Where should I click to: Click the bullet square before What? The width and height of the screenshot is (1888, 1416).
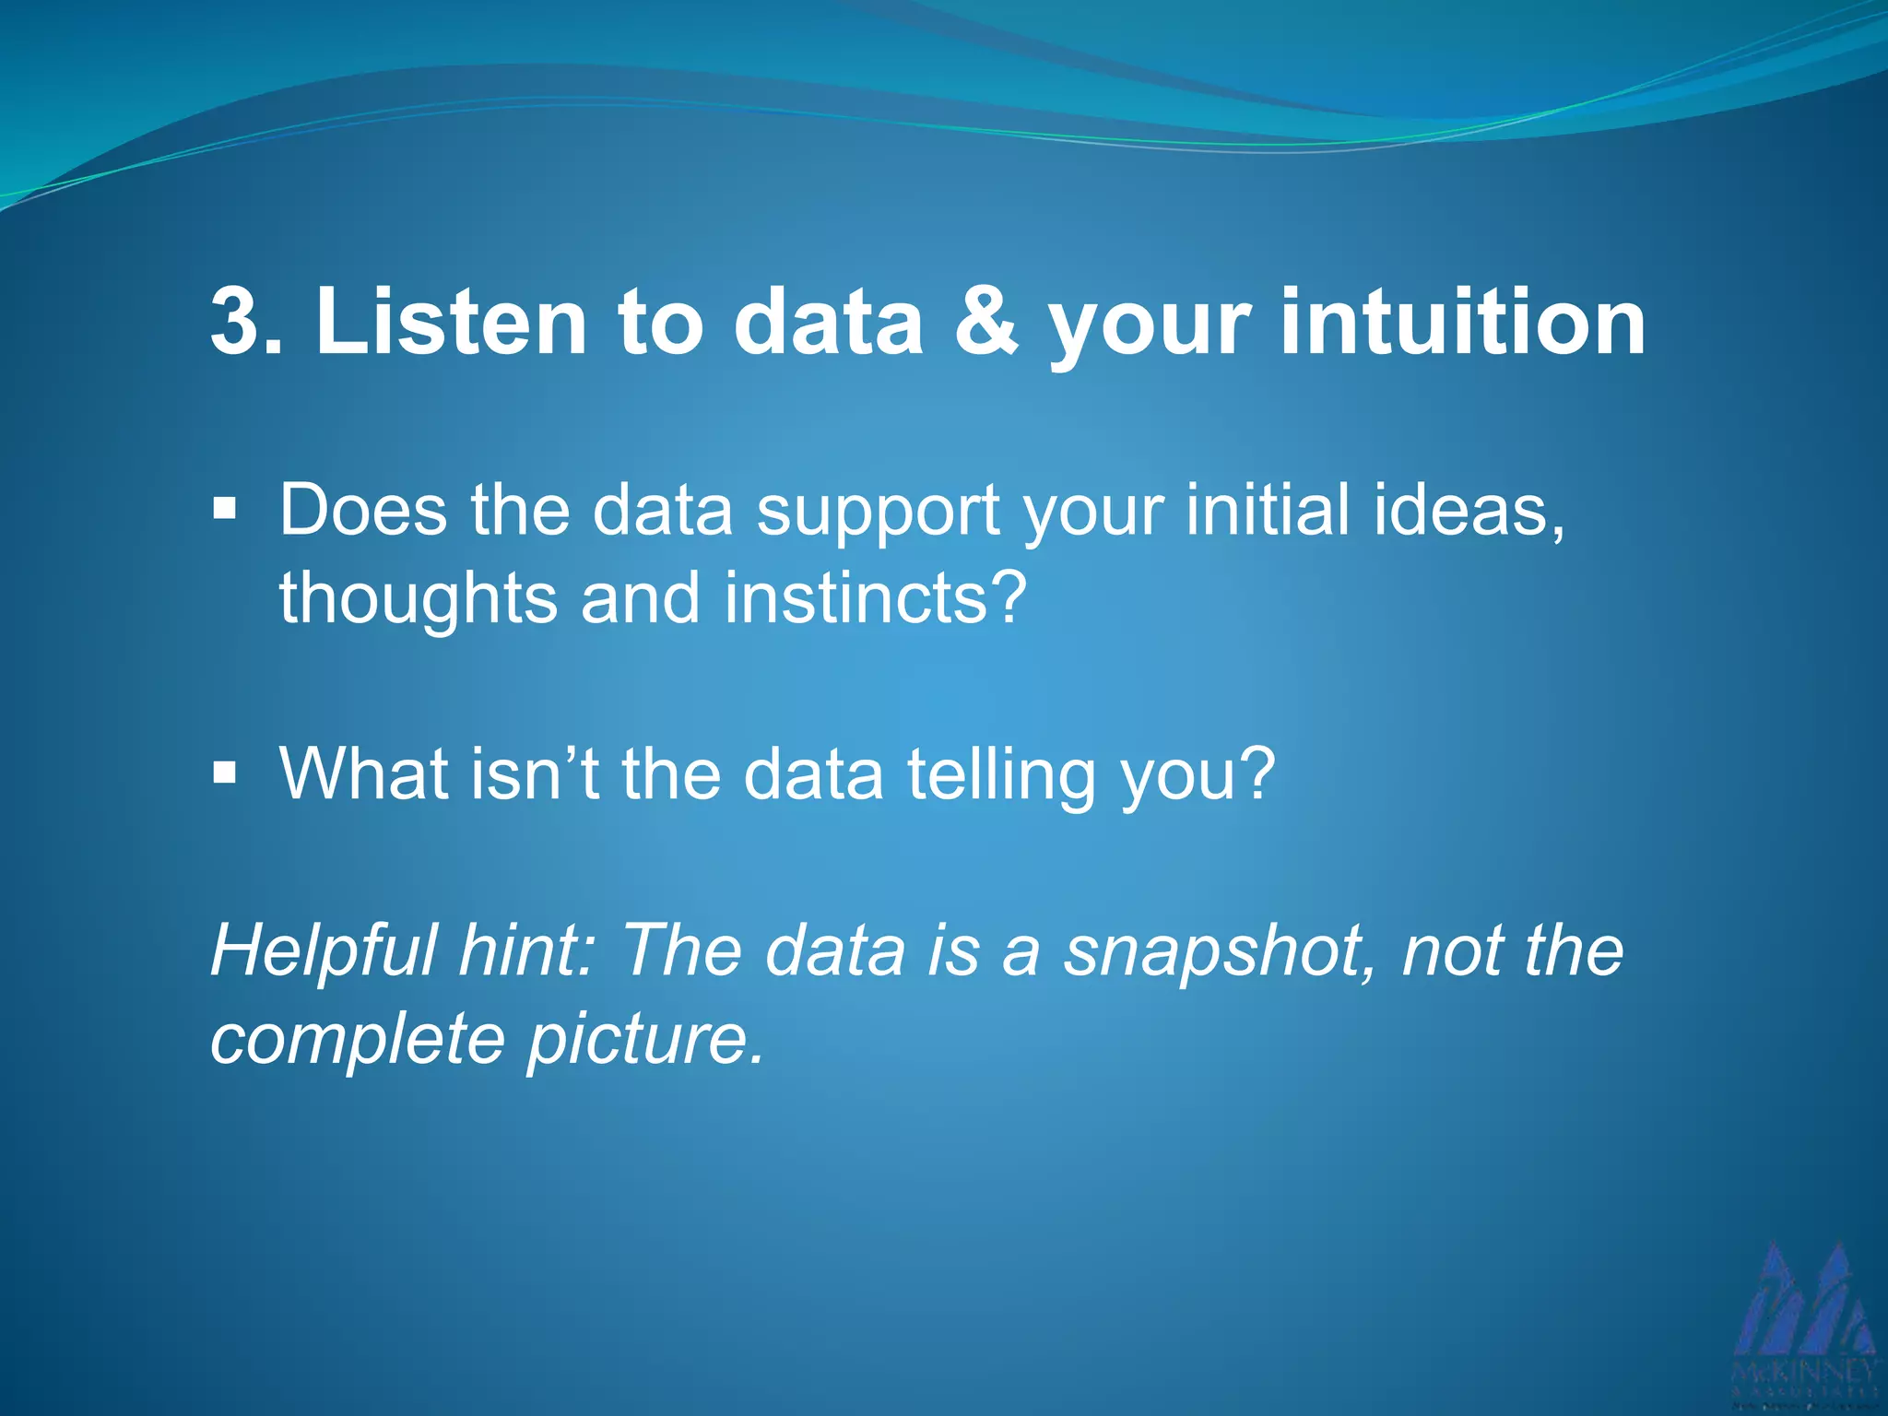click(x=224, y=772)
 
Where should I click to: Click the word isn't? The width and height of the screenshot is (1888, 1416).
click(x=536, y=773)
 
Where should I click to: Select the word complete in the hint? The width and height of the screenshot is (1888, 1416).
click(x=358, y=1040)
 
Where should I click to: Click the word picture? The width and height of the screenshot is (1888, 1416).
click(x=645, y=1040)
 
